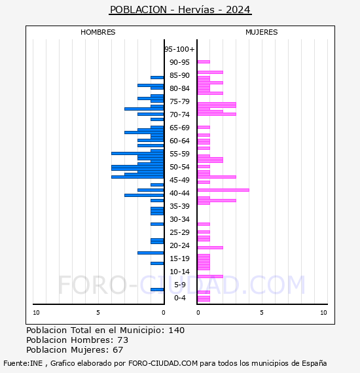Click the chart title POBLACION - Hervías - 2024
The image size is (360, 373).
[x=180, y=10]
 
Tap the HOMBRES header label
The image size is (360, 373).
[x=98, y=32]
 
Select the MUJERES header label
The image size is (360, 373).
[x=261, y=32]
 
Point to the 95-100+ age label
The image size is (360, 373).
[x=179, y=49]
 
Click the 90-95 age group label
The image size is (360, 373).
[x=179, y=62]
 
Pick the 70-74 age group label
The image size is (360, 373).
[x=179, y=115]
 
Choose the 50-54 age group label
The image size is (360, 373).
[x=179, y=167]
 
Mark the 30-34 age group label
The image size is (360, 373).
[x=179, y=219]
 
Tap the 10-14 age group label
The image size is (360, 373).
[x=179, y=272]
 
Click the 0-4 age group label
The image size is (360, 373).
[x=179, y=298]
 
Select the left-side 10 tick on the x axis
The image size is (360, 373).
[x=37, y=313]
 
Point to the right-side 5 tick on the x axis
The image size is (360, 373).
[x=261, y=313]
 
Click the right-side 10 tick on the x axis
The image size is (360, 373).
[x=323, y=313]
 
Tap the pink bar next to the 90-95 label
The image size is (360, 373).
[x=204, y=62]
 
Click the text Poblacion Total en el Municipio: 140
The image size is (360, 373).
[x=105, y=330]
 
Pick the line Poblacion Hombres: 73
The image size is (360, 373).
[x=77, y=340]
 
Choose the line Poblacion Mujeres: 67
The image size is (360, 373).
[x=75, y=350]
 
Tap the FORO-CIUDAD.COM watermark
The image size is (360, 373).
[x=181, y=285]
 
